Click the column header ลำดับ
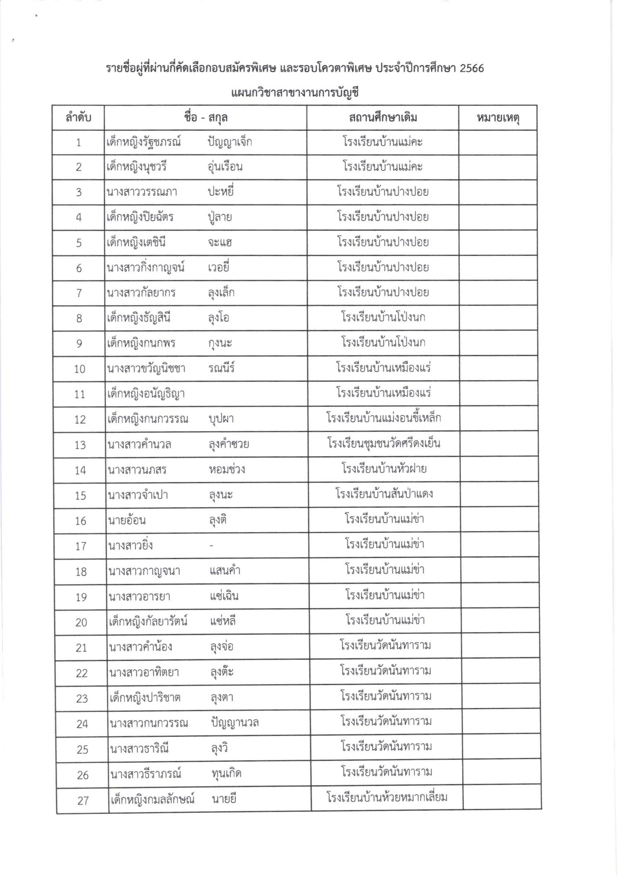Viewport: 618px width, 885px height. click(x=78, y=118)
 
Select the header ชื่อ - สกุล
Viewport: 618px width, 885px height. click(x=206, y=118)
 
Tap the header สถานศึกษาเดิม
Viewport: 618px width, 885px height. click(x=382, y=118)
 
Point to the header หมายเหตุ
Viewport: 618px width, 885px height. click(x=498, y=118)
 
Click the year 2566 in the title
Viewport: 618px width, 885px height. click(x=471, y=68)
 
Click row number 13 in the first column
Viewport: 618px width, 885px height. click(x=80, y=445)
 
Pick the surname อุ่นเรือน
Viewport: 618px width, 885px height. click(x=225, y=167)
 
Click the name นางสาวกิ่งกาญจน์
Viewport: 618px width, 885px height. click(x=146, y=268)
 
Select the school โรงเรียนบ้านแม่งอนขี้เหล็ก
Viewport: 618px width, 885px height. click(x=383, y=418)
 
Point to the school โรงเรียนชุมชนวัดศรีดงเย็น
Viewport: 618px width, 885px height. click(x=384, y=443)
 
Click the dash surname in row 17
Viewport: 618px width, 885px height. click(x=211, y=546)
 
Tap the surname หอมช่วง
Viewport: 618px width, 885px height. click(x=226, y=470)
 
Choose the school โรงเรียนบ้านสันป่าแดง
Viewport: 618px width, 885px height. click(x=384, y=494)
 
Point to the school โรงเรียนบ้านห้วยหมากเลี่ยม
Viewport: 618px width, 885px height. click(x=387, y=797)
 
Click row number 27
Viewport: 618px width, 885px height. click(x=83, y=801)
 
